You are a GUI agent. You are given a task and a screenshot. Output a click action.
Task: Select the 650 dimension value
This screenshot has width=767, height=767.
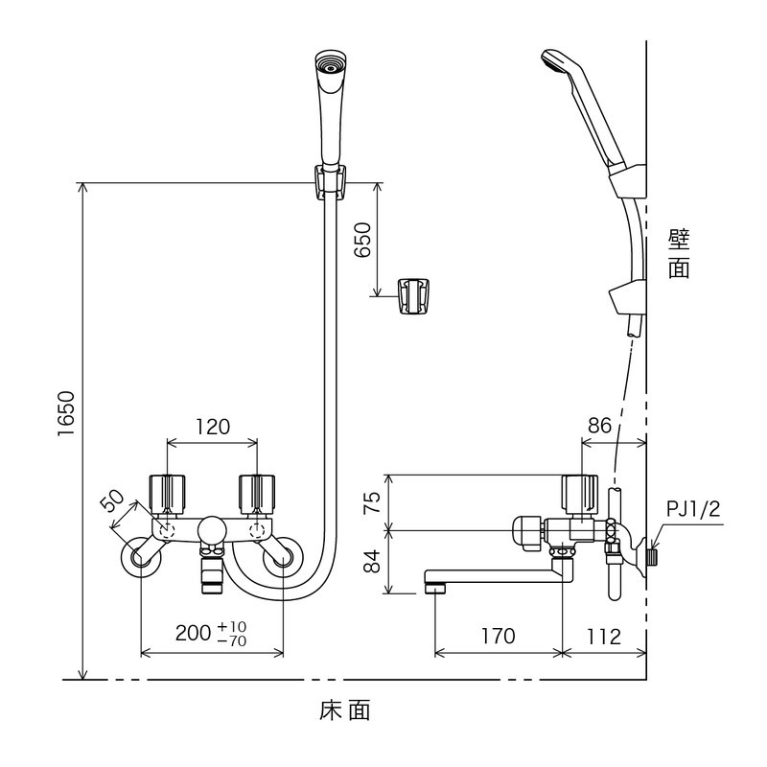(362, 240)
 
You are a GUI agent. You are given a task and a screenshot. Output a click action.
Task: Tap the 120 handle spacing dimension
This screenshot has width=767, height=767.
(212, 427)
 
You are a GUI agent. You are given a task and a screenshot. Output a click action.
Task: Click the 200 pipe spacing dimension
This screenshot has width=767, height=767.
(196, 634)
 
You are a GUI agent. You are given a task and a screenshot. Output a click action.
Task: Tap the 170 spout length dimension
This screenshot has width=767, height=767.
(496, 636)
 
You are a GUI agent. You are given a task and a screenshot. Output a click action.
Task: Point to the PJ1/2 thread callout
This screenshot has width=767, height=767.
(695, 509)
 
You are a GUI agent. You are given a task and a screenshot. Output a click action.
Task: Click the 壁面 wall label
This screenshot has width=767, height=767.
(680, 252)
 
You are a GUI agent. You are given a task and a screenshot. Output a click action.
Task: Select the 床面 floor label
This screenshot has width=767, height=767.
(344, 711)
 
